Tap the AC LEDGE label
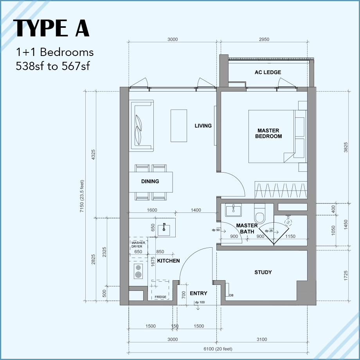(x=268, y=72)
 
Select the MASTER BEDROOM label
(x=268, y=133)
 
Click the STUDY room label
(x=263, y=272)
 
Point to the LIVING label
(x=203, y=126)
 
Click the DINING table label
(x=150, y=182)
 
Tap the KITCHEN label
(x=168, y=261)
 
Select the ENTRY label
(x=198, y=293)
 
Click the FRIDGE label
(x=160, y=297)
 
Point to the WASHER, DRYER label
(x=139, y=245)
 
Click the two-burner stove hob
(x=138, y=271)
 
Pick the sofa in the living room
(x=142, y=125)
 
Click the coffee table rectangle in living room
(x=178, y=125)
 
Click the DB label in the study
(x=231, y=295)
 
